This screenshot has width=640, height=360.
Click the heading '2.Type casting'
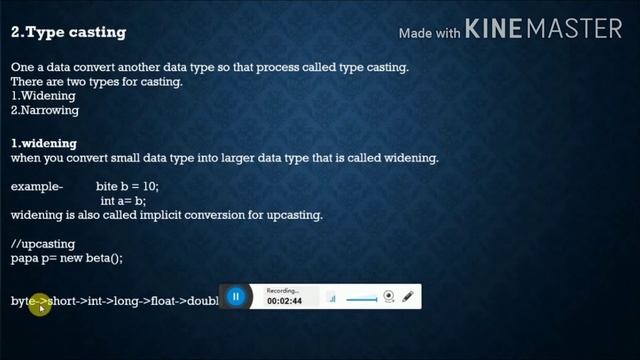(x=68, y=32)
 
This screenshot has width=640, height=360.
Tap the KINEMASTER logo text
(x=544, y=29)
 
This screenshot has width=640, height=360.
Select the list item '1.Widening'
(x=43, y=96)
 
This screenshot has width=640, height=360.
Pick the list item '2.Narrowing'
(x=45, y=111)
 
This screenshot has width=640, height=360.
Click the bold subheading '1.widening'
(x=44, y=143)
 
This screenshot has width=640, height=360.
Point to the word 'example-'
(x=37, y=187)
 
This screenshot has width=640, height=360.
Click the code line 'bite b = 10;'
(x=127, y=187)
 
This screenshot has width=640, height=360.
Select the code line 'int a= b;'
(x=123, y=201)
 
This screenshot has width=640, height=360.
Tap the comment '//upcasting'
(x=43, y=243)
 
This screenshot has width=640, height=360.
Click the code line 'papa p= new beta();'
(x=66, y=258)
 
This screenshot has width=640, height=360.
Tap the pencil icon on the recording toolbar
(x=408, y=297)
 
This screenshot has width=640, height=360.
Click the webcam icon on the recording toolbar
(x=389, y=297)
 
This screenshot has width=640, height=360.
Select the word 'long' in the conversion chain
(x=127, y=301)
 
